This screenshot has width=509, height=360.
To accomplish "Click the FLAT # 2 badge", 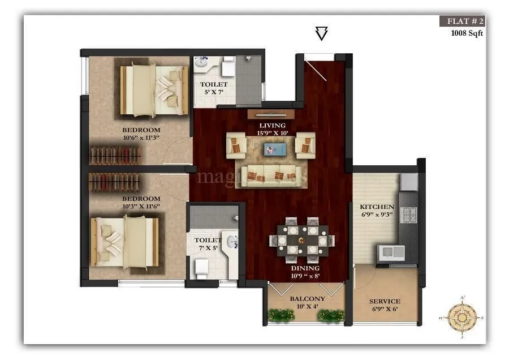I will tap(462, 22).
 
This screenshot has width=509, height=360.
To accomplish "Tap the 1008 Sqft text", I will tap(467, 33).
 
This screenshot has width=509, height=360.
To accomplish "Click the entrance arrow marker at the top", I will tap(321, 34).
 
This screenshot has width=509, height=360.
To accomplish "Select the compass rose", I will tap(462, 318).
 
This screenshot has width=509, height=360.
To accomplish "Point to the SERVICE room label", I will tap(385, 302).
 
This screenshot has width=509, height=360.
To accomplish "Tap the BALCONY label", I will tap(307, 299).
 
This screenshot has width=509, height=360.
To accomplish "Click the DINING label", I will tap(305, 268).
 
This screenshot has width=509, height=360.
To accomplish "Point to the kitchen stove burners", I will tap(408, 214).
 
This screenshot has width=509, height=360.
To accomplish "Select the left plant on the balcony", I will tap(280, 315).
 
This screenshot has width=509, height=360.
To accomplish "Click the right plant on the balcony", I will tap(331, 315).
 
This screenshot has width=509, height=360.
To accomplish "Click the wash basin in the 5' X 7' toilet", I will tap(202, 65).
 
